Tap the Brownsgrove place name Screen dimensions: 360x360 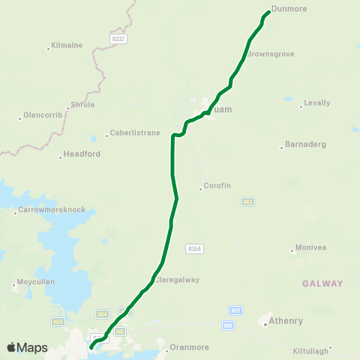[x=270, y=54]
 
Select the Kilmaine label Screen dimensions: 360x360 [x=67, y=46]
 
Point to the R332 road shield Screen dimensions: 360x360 [x=118, y=38]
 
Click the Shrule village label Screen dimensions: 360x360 [x=82, y=105]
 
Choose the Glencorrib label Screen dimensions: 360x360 [x=42, y=116]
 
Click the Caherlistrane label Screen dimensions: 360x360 [x=135, y=133]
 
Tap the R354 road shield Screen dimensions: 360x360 [x=195, y=248]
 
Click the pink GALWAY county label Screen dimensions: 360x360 [x=322, y=283]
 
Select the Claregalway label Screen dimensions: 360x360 [x=178, y=280]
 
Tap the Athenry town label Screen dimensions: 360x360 [x=286, y=321]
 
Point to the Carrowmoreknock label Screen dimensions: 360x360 [x=52, y=211]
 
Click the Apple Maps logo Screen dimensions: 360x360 [x=27, y=347]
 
